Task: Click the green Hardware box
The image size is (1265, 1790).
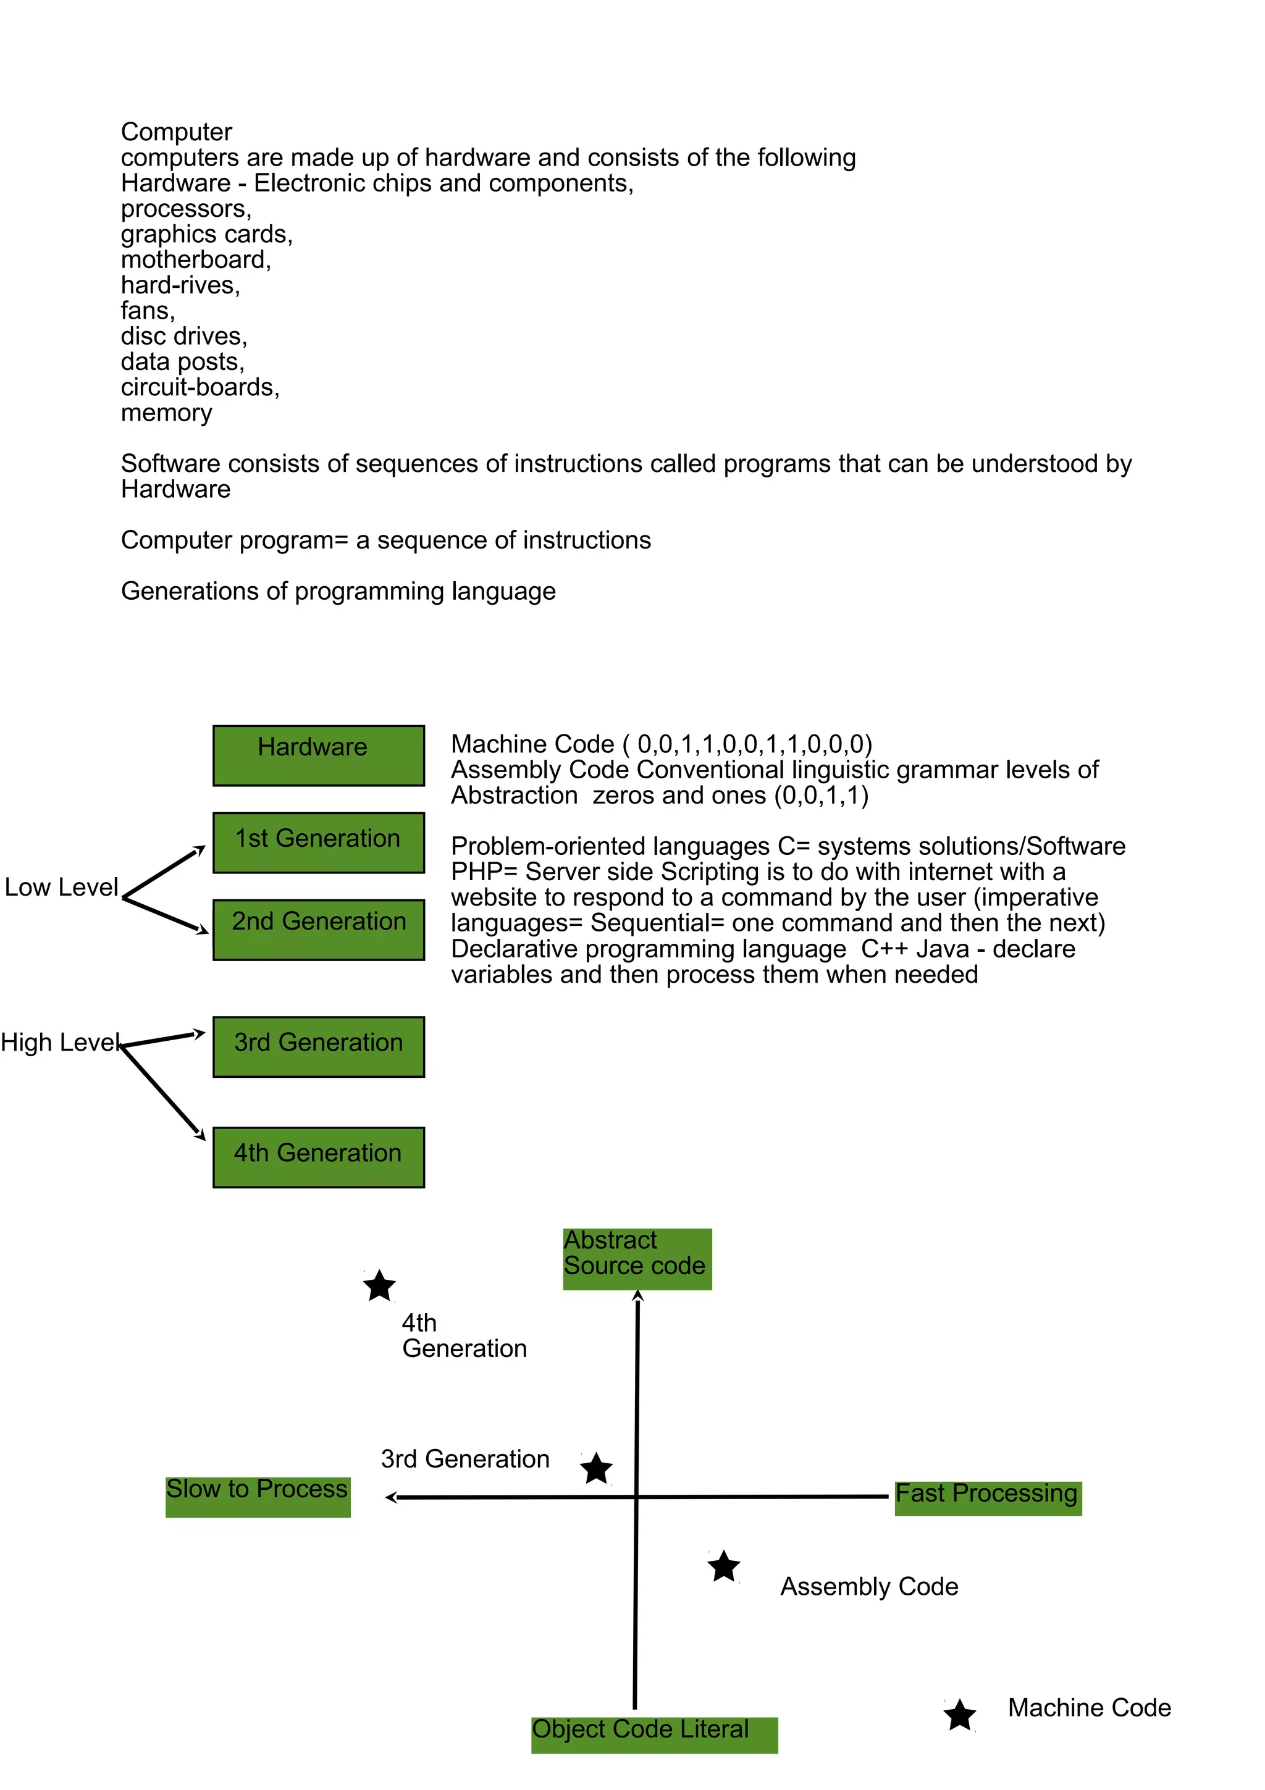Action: click(x=318, y=755)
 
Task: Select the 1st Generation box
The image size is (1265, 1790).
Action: click(x=318, y=842)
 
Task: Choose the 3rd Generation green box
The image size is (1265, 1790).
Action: click(x=318, y=1046)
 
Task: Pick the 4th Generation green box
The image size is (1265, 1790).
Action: click(x=318, y=1157)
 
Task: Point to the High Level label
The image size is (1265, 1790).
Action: click(x=59, y=1043)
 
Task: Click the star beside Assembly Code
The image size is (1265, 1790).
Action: click(x=724, y=1566)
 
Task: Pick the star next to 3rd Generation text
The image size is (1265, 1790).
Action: click(x=597, y=1469)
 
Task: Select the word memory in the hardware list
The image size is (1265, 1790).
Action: click(x=166, y=413)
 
